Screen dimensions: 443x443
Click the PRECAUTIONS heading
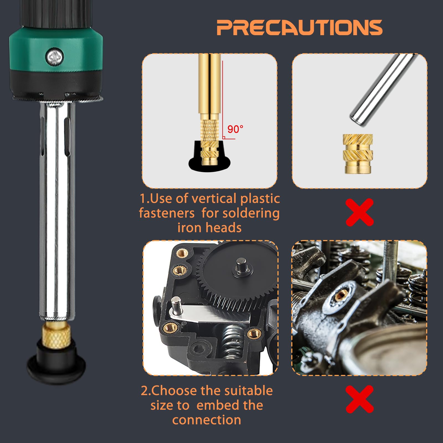(x=300, y=27)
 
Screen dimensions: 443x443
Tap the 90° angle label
(x=235, y=129)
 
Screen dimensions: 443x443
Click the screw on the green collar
(x=55, y=57)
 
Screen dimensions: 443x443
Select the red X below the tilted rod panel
(x=359, y=212)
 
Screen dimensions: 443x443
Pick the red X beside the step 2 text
(x=359, y=399)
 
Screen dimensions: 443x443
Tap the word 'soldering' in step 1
(x=251, y=213)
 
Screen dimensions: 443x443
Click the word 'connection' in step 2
(x=207, y=420)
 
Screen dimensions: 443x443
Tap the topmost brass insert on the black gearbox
(x=182, y=253)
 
